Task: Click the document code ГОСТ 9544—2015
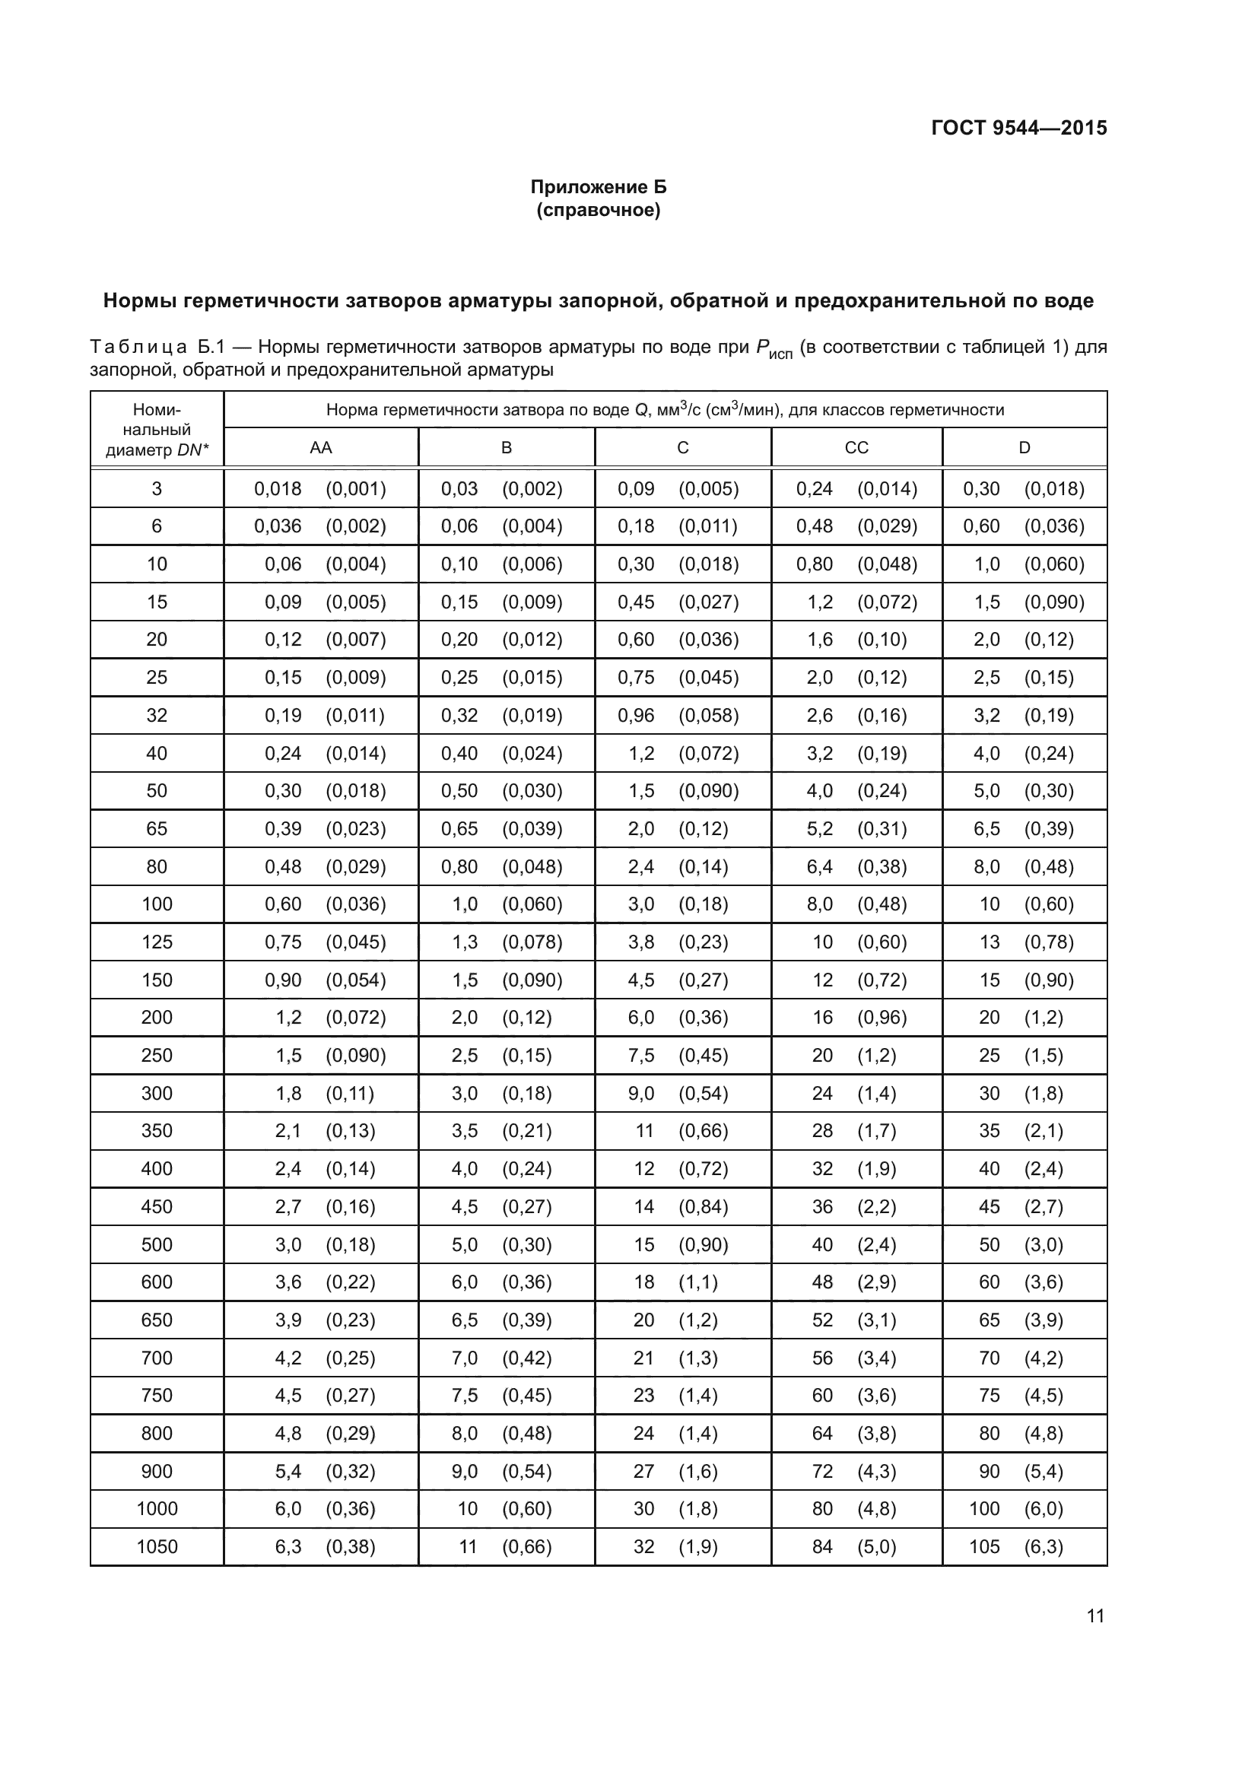click(1018, 128)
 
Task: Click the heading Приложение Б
click(598, 187)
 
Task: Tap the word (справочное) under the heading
click(598, 210)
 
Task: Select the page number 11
click(1095, 1615)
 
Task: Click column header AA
click(321, 448)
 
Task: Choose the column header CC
click(856, 448)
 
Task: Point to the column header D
click(1024, 448)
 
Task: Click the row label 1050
click(157, 1546)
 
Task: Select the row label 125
click(157, 942)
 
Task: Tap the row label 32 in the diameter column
click(157, 715)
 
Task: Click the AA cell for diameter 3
click(321, 489)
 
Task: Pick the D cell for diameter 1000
click(1024, 1508)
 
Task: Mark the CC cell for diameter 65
click(856, 829)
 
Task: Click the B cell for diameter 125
click(507, 942)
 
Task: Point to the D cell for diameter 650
click(1024, 1320)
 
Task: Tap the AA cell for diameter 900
click(321, 1472)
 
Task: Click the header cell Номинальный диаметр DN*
click(157, 430)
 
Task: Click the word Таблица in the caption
click(138, 347)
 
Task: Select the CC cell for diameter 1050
click(856, 1546)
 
